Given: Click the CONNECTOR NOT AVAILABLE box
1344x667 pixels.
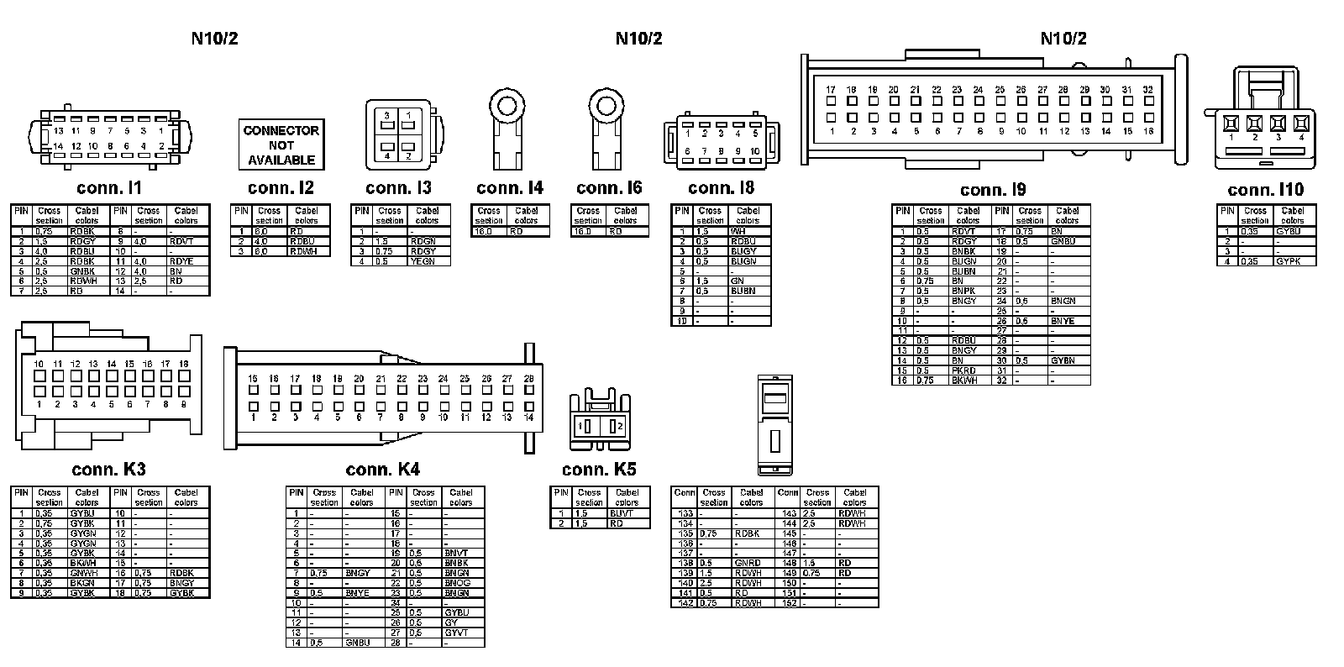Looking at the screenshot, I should tap(281, 144).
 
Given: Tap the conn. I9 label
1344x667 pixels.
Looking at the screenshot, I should tap(993, 190).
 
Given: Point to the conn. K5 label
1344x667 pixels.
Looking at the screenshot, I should tap(600, 470).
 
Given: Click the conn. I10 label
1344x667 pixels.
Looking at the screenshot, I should tap(1265, 190).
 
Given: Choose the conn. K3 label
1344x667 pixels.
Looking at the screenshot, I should tap(108, 470).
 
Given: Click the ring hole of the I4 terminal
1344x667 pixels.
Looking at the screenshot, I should tap(507, 107).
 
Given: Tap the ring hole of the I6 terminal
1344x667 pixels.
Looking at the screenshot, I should tap(606, 107).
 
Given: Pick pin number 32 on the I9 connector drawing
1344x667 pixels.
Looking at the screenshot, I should tap(1147, 90).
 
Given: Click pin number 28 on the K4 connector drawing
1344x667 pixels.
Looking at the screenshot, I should tap(528, 380).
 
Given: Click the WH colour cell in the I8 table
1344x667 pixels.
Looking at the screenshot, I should tap(739, 231).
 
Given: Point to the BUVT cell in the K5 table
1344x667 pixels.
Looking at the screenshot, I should tap(622, 513).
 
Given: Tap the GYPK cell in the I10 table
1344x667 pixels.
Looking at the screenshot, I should tap(1288, 261).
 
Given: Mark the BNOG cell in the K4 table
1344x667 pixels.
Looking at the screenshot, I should tap(457, 583).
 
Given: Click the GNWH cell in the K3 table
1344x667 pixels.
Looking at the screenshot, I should tap(83, 573).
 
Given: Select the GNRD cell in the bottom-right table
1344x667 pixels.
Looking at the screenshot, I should tap(748, 564).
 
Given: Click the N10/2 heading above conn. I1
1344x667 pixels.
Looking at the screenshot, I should tap(215, 39).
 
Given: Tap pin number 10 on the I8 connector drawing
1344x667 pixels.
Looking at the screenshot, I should tap(755, 151).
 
